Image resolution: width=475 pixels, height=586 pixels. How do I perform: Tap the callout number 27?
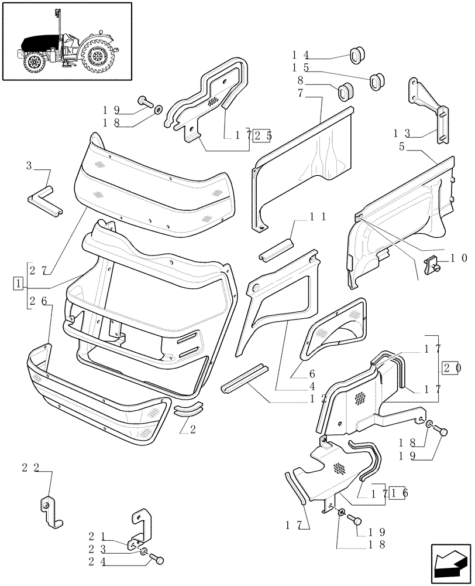pyautogui.click(x=39, y=270)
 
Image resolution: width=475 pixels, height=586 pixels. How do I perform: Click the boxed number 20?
pyautogui.click(x=449, y=368)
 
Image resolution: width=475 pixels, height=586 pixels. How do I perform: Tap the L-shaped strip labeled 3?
pyautogui.click(x=44, y=199)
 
